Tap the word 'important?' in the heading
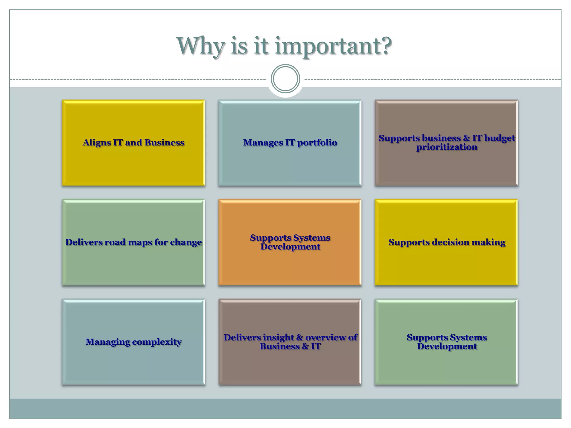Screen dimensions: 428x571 333,46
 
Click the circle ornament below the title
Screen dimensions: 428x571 285,79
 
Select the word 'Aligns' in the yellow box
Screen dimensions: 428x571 96,143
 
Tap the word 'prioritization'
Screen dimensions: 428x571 447,147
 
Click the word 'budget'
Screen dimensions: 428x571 500,138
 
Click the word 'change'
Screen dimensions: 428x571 186,242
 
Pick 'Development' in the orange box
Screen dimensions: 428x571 290,247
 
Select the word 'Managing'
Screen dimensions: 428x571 108,342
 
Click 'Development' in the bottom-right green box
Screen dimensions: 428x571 447,346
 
